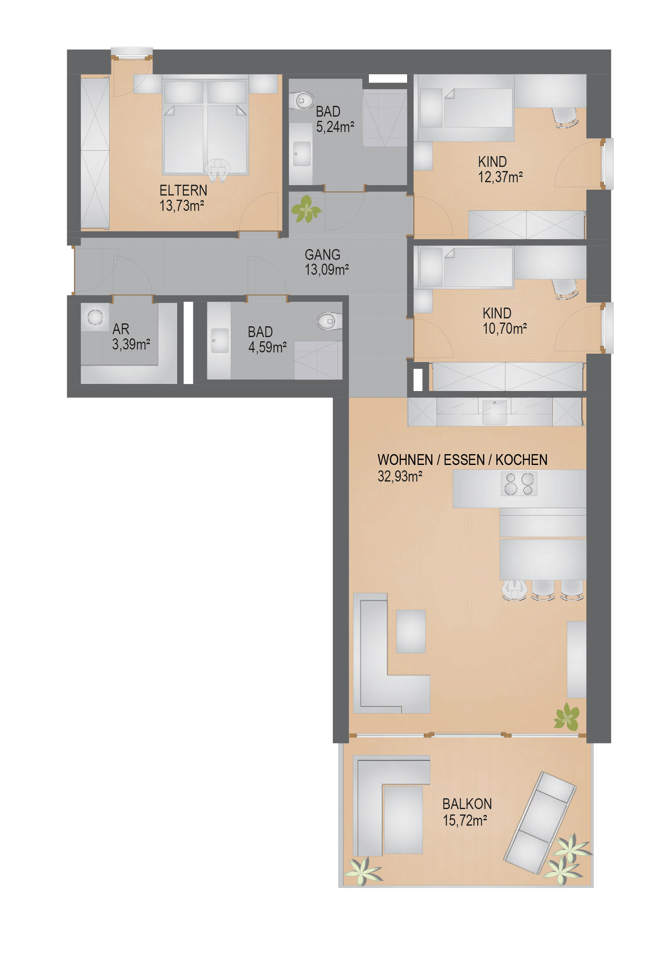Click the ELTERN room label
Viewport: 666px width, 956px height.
coord(183,191)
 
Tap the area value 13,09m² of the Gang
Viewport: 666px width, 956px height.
coord(327,270)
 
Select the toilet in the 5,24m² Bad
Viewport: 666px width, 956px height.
coord(302,100)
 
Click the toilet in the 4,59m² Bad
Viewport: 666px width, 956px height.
coord(329,321)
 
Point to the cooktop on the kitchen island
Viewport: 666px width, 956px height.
coord(519,484)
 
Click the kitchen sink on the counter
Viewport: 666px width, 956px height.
coord(495,412)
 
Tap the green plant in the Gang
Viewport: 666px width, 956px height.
coord(306,209)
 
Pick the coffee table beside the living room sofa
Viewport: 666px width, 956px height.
coord(411,632)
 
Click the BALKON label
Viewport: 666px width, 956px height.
coord(467,804)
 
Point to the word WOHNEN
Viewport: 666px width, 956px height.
coord(405,460)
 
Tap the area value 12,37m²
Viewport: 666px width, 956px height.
coord(500,177)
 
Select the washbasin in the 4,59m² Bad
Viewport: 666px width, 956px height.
coord(220,340)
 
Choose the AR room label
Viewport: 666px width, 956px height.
coord(121,329)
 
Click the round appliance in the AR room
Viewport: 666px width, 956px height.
coord(95,318)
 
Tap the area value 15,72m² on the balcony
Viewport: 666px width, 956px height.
coord(465,821)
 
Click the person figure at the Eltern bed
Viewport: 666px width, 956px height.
coord(217,171)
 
